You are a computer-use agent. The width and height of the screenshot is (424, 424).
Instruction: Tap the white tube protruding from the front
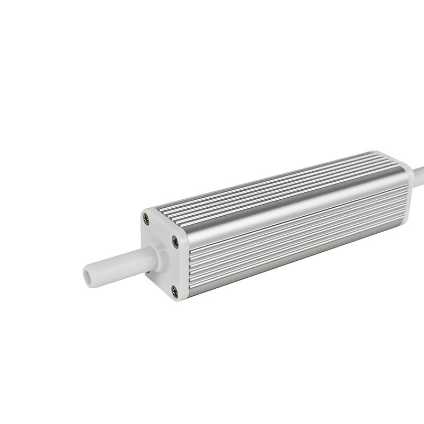(x=114, y=262)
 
